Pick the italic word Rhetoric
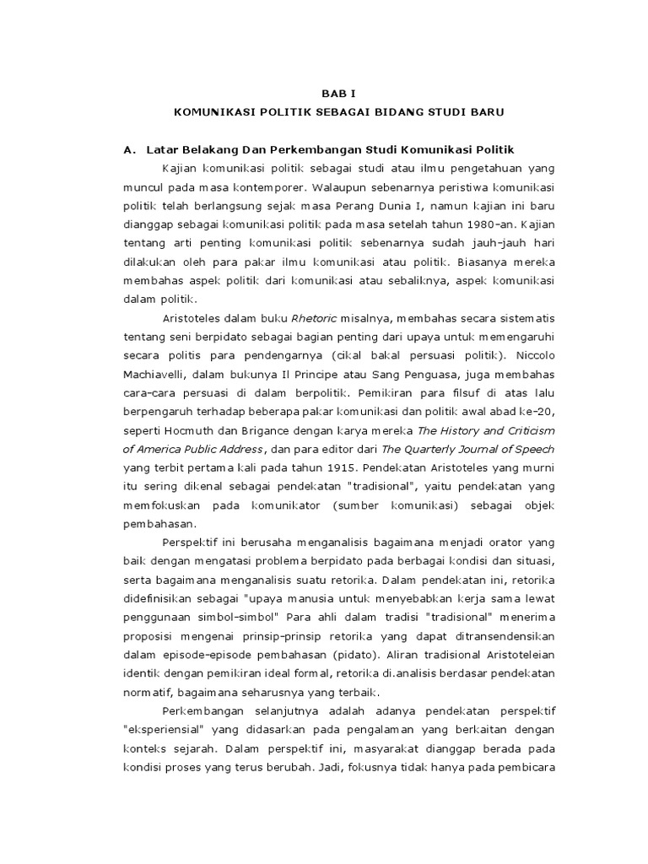click(313, 318)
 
